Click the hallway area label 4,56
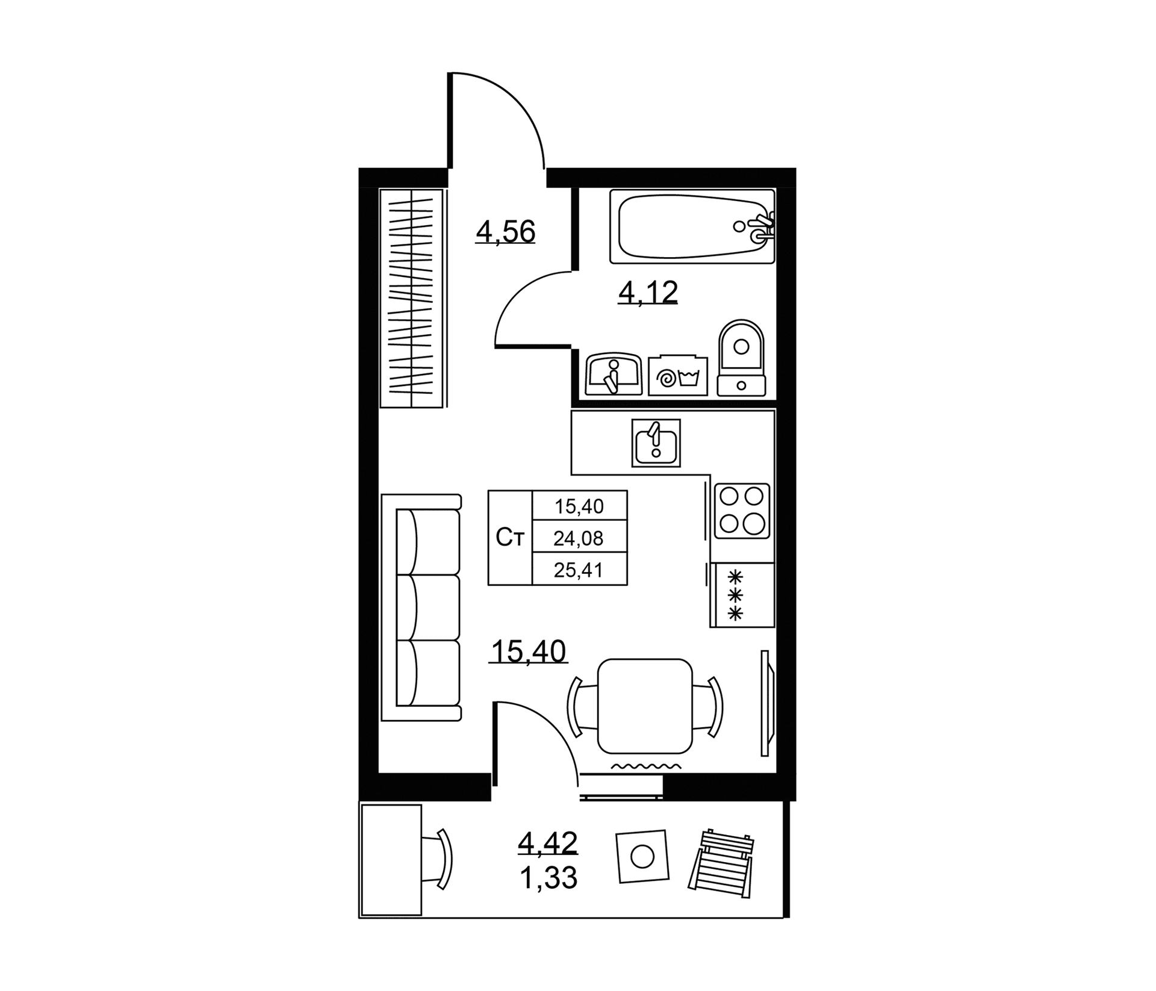pyautogui.click(x=505, y=232)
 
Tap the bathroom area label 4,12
pyautogui.click(x=648, y=293)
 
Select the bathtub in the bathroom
pyautogui.click(x=692, y=226)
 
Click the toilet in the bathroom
pyautogui.click(x=741, y=358)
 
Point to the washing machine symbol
pyautogui.click(x=678, y=376)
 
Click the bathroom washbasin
pyautogui.click(x=614, y=374)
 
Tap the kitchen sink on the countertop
pyautogui.click(x=656, y=443)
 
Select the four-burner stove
pyautogui.click(x=742, y=511)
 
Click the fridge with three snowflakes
pyautogui.click(x=742, y=595)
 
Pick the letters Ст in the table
pyautogui.click(x=510, y=538)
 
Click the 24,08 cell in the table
pyautogui.click(x=579, y=538)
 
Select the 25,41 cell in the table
pyautogui.click(x=579, y=570)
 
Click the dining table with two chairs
pyautogui.click(x=645, y=706)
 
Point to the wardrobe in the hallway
pyautogui.click(x=412, y=298)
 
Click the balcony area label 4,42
pyautogui.click(x=547, y=843)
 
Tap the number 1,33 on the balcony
pyautogui.click(x=548, y=878)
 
